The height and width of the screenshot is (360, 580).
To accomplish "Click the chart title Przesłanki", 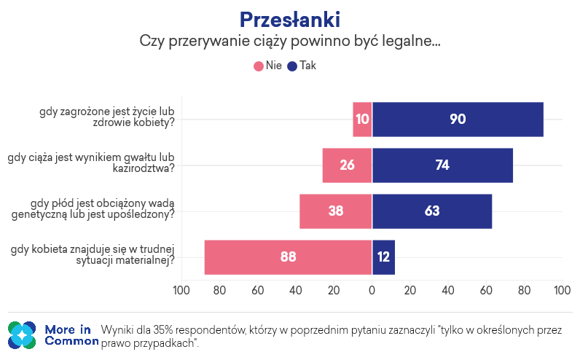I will [x=289, y=18].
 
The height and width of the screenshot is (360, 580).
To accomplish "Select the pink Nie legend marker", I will [x=259, y=66].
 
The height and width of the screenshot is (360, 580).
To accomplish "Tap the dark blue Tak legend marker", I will [x=293, y=66].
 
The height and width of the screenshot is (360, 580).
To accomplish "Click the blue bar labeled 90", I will [x=458, y=120].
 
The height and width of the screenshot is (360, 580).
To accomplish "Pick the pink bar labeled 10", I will [x=362, y=120].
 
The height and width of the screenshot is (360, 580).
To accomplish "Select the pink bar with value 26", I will [x=347, y=165].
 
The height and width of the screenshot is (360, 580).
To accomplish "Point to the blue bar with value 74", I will [x=442, y=165].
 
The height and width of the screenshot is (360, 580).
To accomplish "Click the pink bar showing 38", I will [x=335, y=211].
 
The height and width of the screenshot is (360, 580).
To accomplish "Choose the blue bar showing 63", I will [x=431, y=211].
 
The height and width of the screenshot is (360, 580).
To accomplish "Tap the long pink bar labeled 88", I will [x=288, y=257].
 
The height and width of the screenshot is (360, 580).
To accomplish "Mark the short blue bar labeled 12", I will [x=383, y=257].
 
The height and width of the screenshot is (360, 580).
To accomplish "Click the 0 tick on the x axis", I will [x=372, y=291].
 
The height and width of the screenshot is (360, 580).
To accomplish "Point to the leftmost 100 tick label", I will [x=181, y=291].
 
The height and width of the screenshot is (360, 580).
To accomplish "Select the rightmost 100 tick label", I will [x=562, y=291].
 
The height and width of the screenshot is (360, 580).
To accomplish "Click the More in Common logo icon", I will [x=22, y=334].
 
